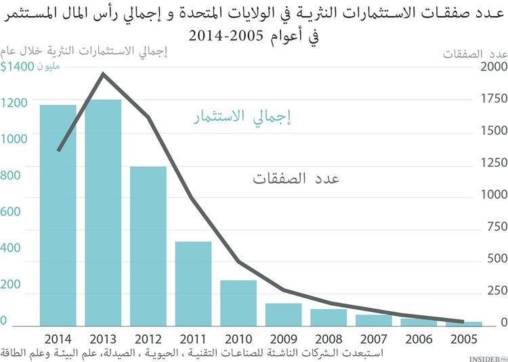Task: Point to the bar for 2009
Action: [x=283, y=315]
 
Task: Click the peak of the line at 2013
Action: [x=103, y=73]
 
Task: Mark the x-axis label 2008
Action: [x=329, y=338]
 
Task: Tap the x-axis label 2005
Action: [x=464, y=338]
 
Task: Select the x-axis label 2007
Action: [x=374, y=338]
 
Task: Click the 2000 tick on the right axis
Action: [x=494, y=66]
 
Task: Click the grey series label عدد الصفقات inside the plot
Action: [x=296, y=179]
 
